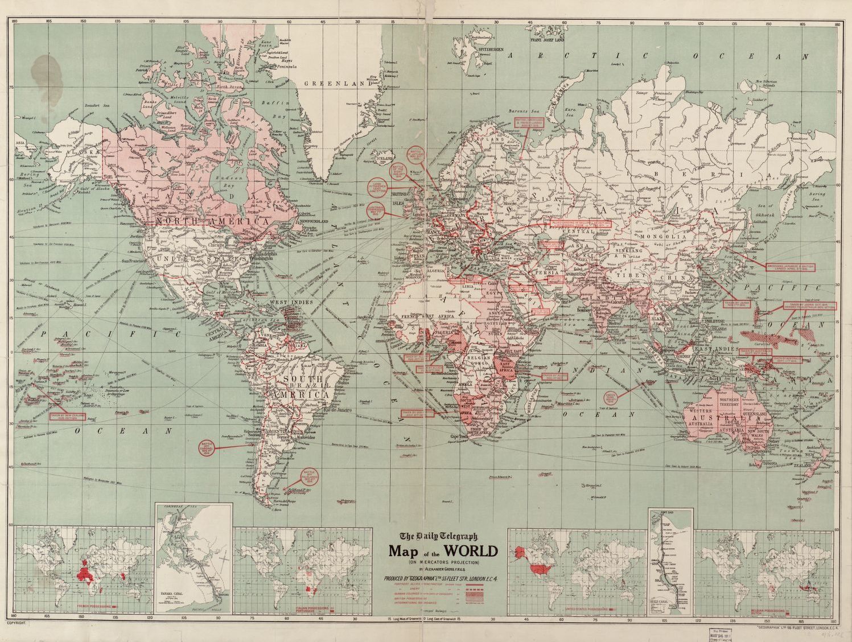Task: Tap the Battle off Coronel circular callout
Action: [x=208, y=448]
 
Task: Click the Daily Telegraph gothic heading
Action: [x=438, y=536]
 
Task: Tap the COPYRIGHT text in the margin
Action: [x=15, y=624]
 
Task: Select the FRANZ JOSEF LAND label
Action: [x=547, y=40]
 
